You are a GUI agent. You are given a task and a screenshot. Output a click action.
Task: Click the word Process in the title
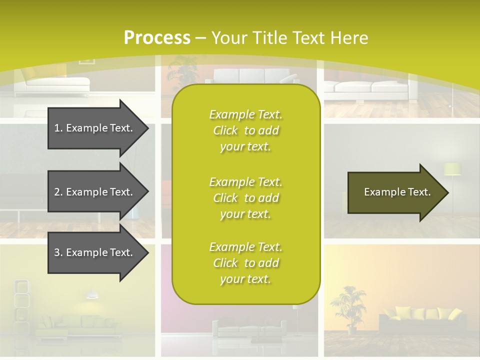coord(157,38)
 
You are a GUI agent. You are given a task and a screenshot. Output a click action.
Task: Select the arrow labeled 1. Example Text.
coord(95,128)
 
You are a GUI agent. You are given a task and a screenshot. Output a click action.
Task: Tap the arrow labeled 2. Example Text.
coord(95,192)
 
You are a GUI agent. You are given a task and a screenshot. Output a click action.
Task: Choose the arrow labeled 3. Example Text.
coord(95,252)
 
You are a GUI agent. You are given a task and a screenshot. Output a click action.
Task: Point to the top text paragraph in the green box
coord(245,130)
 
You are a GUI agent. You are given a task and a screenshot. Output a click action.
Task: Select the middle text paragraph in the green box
coord(245,198)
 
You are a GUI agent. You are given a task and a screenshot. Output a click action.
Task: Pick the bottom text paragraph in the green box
coord(245,263)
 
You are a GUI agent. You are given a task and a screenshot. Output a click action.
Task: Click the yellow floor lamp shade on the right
coord(452,169)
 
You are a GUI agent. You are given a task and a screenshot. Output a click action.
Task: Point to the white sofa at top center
coord(252,76)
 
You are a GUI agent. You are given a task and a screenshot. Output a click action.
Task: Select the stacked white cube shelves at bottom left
coord(21,300)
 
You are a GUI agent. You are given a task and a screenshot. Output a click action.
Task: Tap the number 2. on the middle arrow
coord(58,192)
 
